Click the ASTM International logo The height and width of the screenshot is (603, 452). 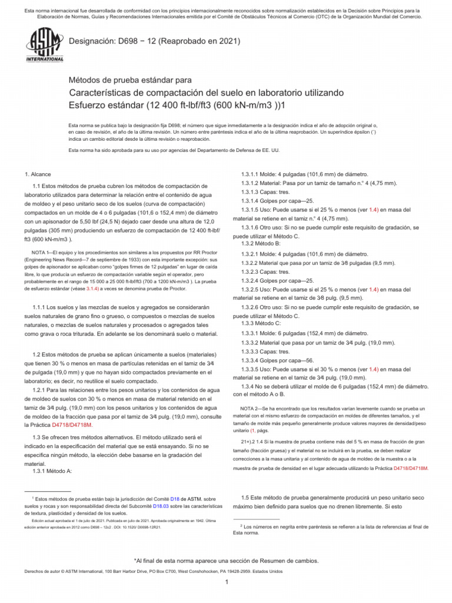44,47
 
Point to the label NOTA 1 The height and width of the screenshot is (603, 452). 44,253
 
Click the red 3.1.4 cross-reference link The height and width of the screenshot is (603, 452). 94,289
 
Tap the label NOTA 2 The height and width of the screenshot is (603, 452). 254,408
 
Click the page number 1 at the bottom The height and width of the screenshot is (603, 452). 226,582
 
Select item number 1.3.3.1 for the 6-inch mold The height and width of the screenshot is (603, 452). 253,333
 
